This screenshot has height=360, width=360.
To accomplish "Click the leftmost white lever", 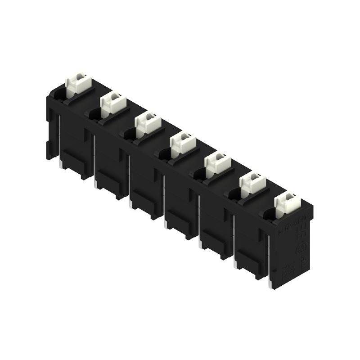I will [x=79, y=84].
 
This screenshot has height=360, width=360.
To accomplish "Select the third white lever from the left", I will [x=148, y=122].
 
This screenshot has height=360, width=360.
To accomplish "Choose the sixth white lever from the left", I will [x=252, y=182].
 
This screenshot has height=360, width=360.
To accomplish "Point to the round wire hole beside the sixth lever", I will [x=234, y=194].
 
